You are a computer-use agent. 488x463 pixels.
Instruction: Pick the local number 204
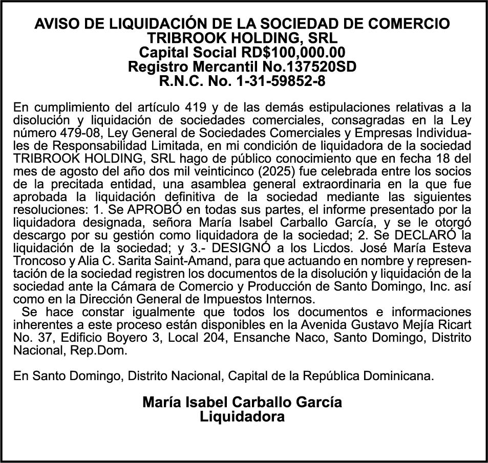click(x=192, y=337)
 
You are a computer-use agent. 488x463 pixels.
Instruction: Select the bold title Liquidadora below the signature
click(x=242, y=416)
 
